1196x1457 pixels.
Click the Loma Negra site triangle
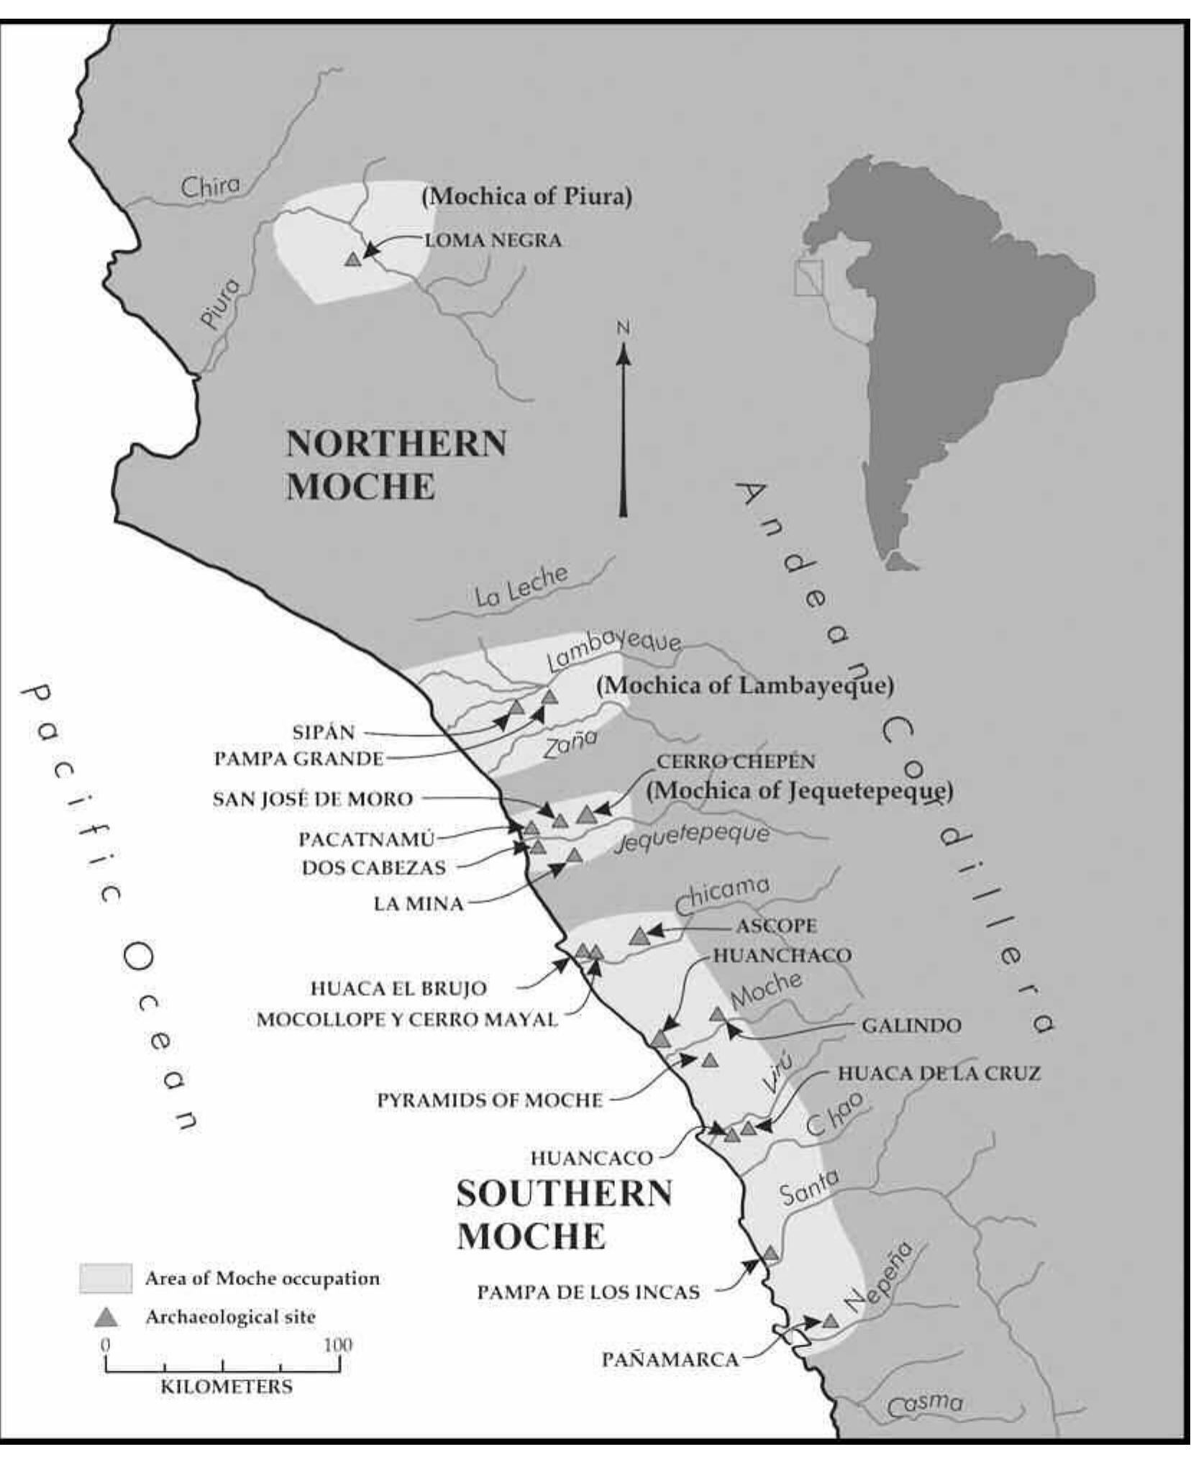coord(352,260)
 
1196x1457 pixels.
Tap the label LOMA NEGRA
coord(493,240)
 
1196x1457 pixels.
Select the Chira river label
coord(210,186)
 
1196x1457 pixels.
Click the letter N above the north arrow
coord(623,329)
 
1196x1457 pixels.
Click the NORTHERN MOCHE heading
coord(396,465)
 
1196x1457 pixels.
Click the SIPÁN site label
coord(324,733)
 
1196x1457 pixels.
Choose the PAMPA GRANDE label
coord(298,759)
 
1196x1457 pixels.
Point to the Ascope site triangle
coord(639,936)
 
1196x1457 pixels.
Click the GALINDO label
coord(911,1025)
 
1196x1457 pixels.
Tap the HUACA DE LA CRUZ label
coord(939,1074)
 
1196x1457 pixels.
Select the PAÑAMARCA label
coord(670,1360)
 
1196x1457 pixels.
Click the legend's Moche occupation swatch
coord(106,1278)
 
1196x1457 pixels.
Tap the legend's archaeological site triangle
coord(107,1317)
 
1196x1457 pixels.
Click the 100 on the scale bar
coord(338,1345)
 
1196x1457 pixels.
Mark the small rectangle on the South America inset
coord(808,278)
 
